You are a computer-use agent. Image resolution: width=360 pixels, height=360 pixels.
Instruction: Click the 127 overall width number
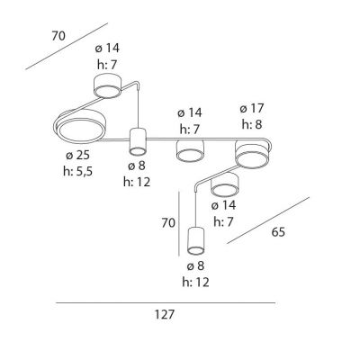(165, 314)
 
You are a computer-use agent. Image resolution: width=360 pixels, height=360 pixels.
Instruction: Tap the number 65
(278, 232)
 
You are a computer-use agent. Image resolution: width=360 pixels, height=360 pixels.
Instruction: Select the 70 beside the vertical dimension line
(168, 223)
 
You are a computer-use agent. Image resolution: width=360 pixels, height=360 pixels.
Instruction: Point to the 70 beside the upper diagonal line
(58, 36)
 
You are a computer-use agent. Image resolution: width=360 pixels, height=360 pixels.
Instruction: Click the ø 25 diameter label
(77, 156)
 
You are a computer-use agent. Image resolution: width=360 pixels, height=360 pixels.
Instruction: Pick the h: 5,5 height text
(78, 172)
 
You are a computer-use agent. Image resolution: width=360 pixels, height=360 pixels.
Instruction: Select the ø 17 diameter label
(252, 108)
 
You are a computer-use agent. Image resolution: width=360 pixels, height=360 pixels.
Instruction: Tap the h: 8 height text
(252, 124)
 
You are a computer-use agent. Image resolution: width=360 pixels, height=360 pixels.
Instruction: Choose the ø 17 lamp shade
(251, 154)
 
